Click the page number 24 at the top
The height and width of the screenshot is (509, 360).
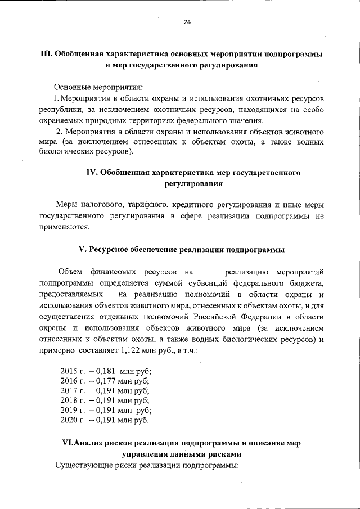click(x=187, y=22)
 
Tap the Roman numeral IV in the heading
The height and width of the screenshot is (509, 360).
click(x=92, y=173)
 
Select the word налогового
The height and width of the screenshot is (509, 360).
click(x=102, y=204)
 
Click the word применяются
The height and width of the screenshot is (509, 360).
click(x=64, y=227)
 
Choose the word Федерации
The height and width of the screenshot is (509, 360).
click(x=238, y=317)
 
